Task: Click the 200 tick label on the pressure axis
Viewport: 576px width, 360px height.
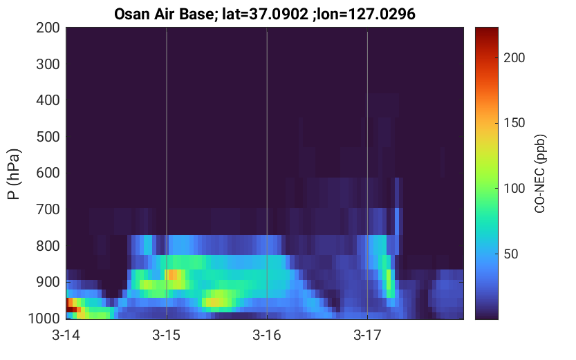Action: [48, 28]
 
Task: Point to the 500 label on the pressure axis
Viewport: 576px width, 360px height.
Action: [48, 137]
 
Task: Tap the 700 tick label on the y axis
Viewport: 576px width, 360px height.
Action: [48, 209]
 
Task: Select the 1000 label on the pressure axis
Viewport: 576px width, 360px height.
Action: [44, 318]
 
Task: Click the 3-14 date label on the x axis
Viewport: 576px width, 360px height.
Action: [66, 335]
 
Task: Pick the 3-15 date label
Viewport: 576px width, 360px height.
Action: [167, 335]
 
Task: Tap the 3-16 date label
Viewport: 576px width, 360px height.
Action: [267, 335]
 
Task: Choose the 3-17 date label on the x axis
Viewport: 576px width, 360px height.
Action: [367, 335]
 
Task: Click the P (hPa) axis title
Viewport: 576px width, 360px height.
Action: [14, 174]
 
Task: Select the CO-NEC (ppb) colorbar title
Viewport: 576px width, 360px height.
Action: [539, 173]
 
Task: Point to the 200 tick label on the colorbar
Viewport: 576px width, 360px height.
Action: [514, 58]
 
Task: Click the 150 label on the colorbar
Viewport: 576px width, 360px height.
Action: [514, 123]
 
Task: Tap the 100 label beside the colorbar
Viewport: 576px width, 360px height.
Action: [514, 189]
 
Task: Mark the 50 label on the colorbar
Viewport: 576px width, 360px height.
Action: [510, 254]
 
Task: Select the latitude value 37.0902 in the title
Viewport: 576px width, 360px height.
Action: [279, 15]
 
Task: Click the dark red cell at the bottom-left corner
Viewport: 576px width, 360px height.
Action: [71, 310]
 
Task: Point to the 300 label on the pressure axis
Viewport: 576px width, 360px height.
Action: [48, 64]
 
